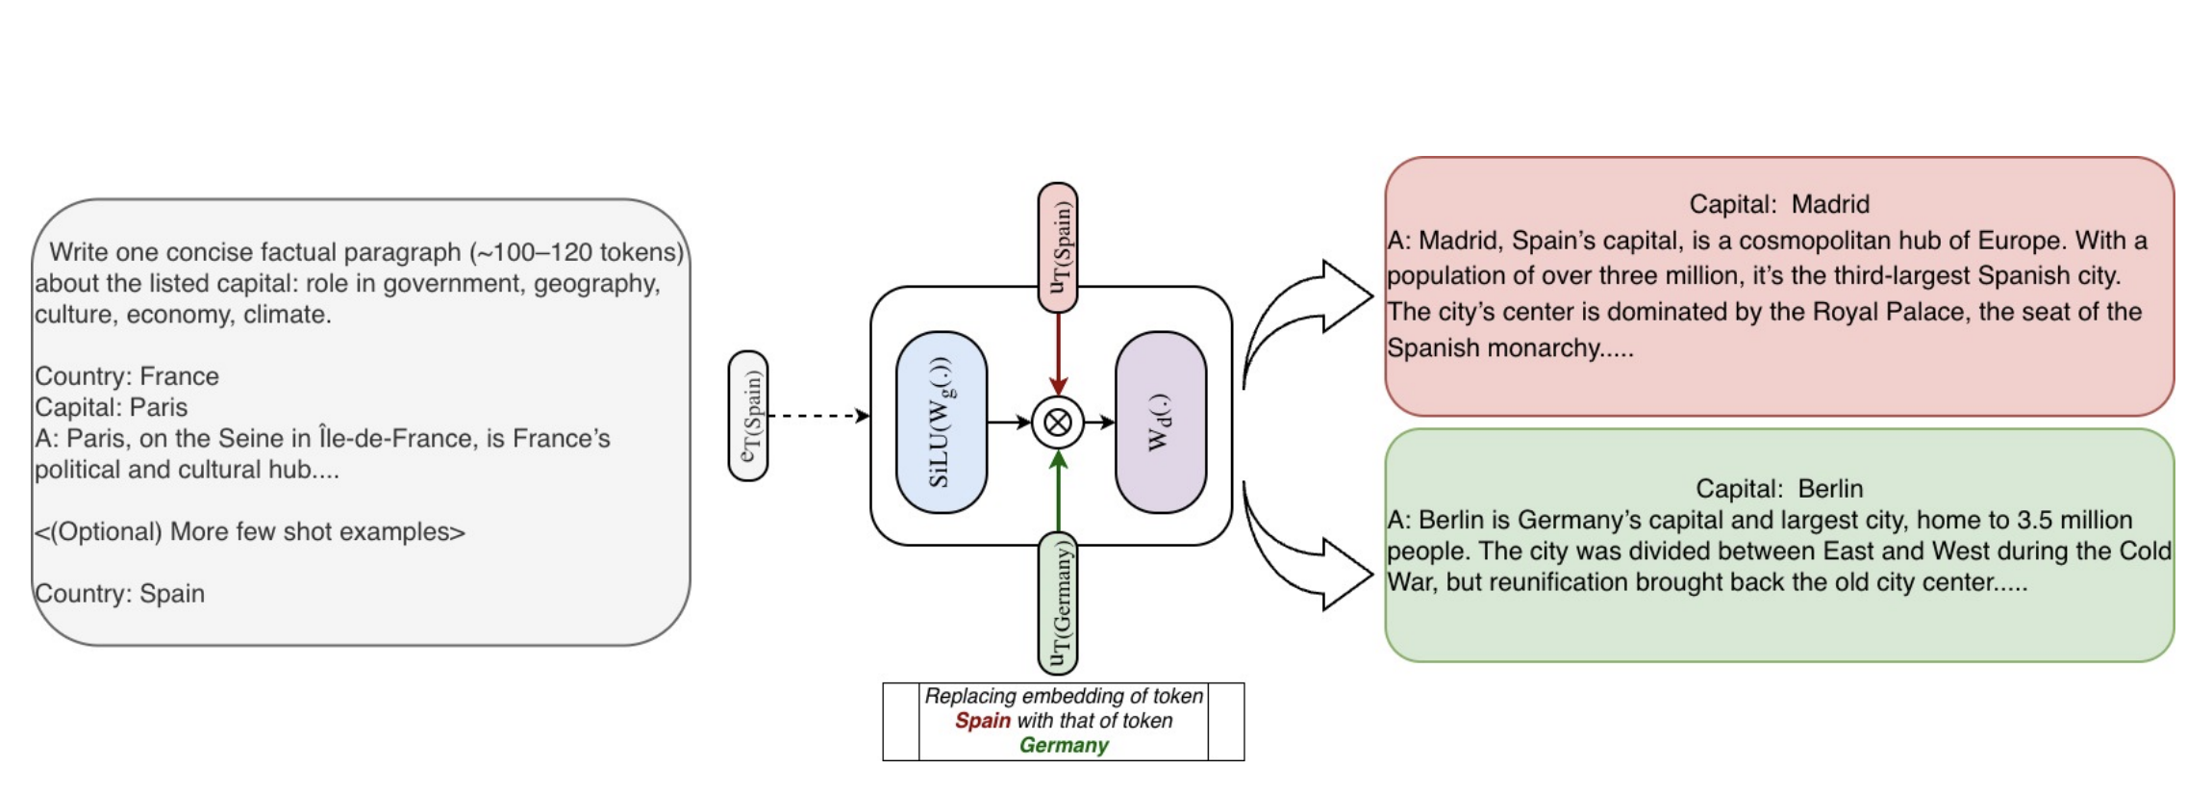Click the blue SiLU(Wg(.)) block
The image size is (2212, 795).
pyautogui.click(x=941, y=422)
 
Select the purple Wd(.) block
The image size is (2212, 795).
pyautogui.click(x=1160, y=422)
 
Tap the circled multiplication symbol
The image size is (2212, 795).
pyautogui.click(x=1058, y=423)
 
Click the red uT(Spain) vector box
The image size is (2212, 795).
pyautogui.click(x=1058, y=246)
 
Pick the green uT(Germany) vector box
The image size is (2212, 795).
pyautogui.click(x=1058, y=603)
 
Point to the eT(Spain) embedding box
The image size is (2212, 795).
pyautogui.click(x=748, y=416)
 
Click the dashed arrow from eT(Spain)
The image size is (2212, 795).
pyautogui.click(x=817, y=416)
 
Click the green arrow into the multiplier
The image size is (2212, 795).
pyautogui.click(x=1058, y=491)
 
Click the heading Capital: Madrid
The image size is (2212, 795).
pyautogui.click(x=1778, y=204)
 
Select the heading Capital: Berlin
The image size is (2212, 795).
pyautogui.click(x=1778, y=488)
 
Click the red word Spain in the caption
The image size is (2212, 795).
pyautogui.click(x=982, y=721)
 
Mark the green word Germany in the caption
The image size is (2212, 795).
pyautogui.click(x=1063, y=745)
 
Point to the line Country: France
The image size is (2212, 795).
pyautogui.click(x=127, y=376)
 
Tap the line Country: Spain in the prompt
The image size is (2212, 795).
pyautogui.click(x=119, y=593)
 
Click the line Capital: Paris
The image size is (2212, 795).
pyautogui.click(x=111, y=407)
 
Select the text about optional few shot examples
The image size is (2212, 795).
pyautogui.click(x=249, y=531)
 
